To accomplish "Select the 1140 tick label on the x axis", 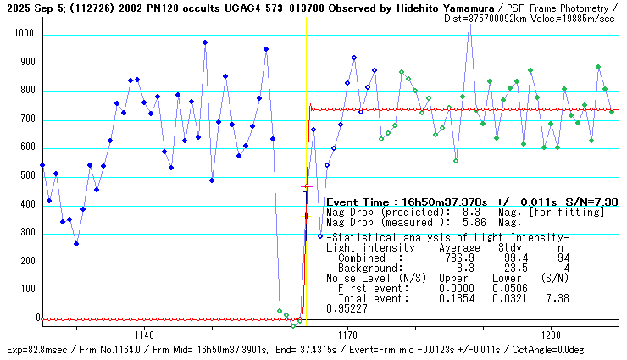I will pyautogui.click(x=143, y=335).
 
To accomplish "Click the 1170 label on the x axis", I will pyautogui.click(x=347, y=335).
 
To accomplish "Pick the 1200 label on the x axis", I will pyautogui.click(x=550, y=335).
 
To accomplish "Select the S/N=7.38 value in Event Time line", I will pyautogui.click(x=592, y=202).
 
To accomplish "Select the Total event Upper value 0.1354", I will pyautogui.click(x=456, y=298).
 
